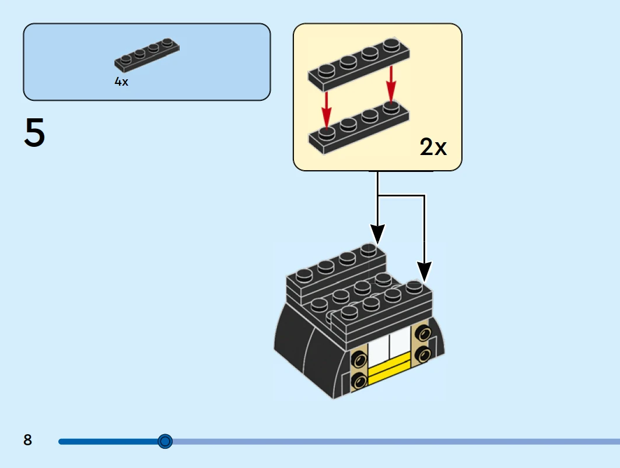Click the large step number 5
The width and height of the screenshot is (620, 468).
[34, 133]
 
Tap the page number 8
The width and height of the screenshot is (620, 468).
[27, 440]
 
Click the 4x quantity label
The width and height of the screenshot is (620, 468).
[121, 82]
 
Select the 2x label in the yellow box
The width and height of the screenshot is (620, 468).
[433, 148]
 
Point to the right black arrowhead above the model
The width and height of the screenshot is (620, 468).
[424, 271]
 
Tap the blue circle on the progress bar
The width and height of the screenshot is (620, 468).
[165, 441]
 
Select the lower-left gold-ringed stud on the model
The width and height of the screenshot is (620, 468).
[359, 381]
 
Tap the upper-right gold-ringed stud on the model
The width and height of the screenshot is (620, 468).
[422, 335]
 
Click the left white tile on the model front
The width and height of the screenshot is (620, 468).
[379, 351]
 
